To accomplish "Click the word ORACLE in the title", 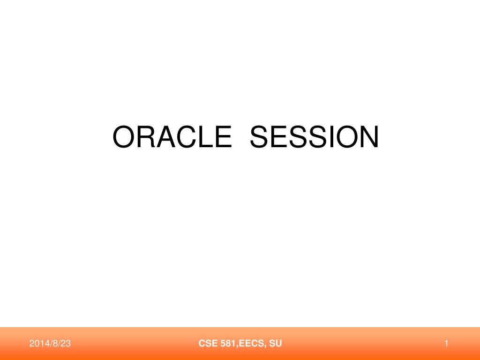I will [172, 137].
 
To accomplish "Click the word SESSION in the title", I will [314, 137].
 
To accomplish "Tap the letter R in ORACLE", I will [145, 137].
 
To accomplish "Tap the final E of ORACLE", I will [222, 137].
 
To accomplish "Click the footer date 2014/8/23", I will [50, 344].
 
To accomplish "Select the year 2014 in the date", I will [38, 344].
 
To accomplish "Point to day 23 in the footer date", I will [66, 344].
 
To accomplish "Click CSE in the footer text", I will [206, 344].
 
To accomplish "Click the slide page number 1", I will [447, 344].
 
